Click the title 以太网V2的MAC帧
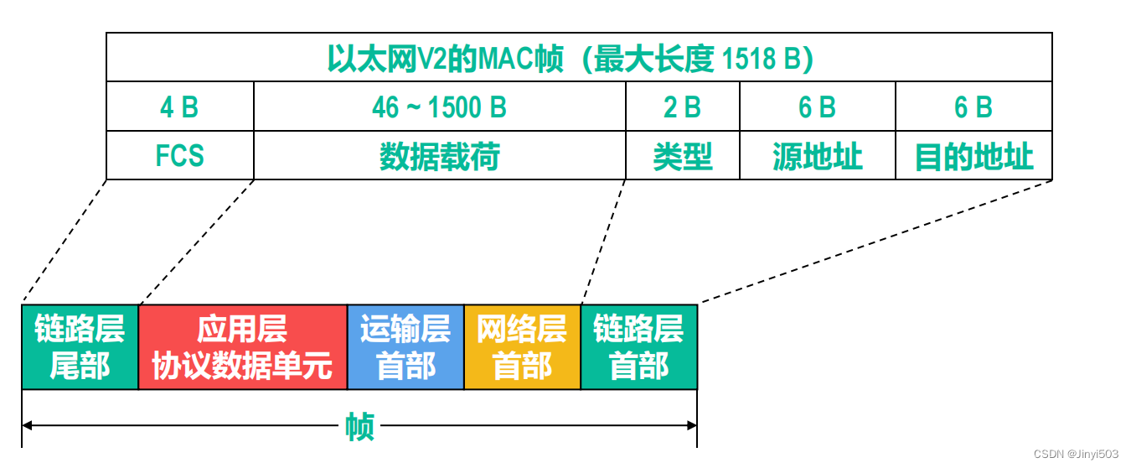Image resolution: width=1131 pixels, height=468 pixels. coord(444,59)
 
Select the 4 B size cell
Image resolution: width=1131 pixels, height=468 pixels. coord(179,107)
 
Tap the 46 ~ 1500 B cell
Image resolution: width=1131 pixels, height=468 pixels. coord(439,107)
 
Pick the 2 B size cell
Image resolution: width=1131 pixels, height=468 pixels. coord(682,107)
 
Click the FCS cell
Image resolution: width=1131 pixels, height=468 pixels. coord(179,156)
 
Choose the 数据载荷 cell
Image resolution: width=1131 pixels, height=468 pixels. coord(439,156)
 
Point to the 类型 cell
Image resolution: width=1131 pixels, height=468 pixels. coord(682,156)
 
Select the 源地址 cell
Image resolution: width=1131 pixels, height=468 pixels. coord(817,156)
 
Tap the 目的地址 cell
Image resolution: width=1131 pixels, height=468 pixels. coord(973,156)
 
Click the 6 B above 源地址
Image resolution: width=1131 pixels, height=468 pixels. coord(817,107)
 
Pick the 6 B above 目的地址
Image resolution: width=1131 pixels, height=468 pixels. coord(973,107)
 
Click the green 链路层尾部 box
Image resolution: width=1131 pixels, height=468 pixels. coord(80,347)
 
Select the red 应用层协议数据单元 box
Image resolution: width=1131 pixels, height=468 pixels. coord(242,347)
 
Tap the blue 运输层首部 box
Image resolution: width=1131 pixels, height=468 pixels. coord(405,347)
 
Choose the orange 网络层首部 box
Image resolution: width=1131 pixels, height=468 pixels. coord(522,347)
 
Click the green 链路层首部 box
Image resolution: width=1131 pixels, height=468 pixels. coord(638,347)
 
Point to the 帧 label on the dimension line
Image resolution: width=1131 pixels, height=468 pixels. coord(359,427)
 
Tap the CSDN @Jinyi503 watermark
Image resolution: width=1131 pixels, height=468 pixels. coord(1076,454)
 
